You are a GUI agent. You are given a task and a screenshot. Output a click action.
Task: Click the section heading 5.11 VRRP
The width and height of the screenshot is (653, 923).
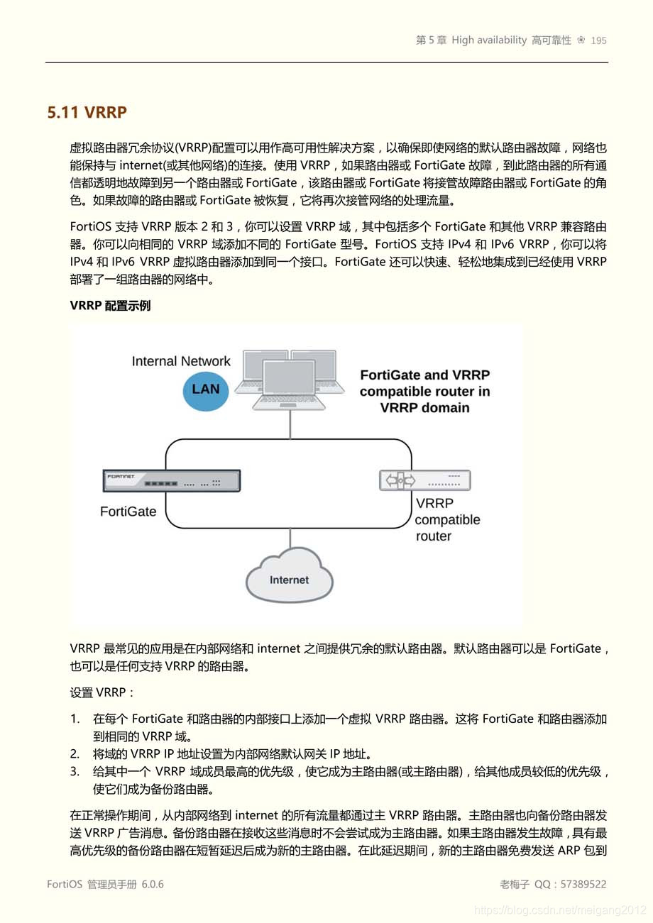click(87, 112)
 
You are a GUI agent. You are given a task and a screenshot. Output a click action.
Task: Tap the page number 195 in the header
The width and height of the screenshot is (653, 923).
click(598, 40)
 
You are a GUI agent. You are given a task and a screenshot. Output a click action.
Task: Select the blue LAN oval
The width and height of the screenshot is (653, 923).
click(206, 389)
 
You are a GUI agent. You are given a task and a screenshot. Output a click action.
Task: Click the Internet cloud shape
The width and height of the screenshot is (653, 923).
click(290, 578)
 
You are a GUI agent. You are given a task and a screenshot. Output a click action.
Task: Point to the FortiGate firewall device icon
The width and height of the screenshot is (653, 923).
click(172, 481)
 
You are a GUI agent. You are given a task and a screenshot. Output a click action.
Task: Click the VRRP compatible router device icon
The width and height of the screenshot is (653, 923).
click(424, 480)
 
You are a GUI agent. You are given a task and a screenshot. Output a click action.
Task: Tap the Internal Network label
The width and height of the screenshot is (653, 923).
click(181, 361)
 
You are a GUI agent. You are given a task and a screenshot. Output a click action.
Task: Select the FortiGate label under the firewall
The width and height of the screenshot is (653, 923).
click(128, 512)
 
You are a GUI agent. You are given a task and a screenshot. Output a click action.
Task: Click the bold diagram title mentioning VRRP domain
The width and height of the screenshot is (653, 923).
click(424, 391)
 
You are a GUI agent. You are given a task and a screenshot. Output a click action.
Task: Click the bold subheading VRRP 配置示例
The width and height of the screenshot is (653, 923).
click(110, 306)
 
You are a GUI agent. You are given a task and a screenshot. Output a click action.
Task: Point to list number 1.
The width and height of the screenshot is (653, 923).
click(75, 719)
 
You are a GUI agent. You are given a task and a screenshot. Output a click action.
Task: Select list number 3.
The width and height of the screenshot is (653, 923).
click(75, 771)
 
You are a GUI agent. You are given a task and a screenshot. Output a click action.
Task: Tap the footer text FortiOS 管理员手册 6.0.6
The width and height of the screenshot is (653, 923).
click(105, 884)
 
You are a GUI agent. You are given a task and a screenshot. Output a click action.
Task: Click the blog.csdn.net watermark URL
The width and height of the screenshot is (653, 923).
click(560, 910)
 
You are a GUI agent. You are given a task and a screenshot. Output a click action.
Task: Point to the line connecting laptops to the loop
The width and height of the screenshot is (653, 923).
click(290, 424)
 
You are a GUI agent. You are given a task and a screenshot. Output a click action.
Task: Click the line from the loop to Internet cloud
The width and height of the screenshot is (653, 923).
click(290, 537)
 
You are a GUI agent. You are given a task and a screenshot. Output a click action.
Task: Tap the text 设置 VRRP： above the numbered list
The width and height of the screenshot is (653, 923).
click(102, 692)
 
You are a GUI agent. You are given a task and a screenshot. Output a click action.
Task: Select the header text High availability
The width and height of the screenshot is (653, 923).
click(489, 40)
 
